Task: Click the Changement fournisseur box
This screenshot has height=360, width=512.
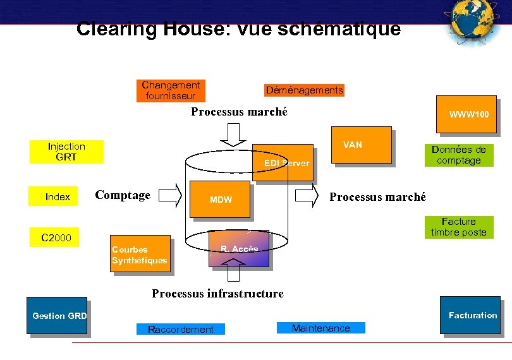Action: pos(171,90)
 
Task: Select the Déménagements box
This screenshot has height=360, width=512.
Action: pos(304,90)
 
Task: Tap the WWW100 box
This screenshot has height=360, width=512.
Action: pos(467,114)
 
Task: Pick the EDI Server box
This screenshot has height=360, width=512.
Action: pos(283,162)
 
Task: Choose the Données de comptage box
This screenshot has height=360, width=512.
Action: pos(458,155)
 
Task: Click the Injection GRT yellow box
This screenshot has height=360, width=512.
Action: pos(66,152)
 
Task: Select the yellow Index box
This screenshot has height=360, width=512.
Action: pos(58,196)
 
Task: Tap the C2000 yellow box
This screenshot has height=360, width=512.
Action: pos(56,237)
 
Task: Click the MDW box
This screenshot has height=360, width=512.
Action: pos(221,200)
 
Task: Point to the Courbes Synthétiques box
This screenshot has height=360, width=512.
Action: pos(140,255)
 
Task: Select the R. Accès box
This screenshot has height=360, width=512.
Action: pos(239,249)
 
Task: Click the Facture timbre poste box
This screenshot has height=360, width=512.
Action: pos(459,227)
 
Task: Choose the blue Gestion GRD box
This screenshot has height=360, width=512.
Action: pos(57,315)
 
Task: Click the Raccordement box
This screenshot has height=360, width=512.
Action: pos(180,329)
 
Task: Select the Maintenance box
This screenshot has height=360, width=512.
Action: pos(321,328)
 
